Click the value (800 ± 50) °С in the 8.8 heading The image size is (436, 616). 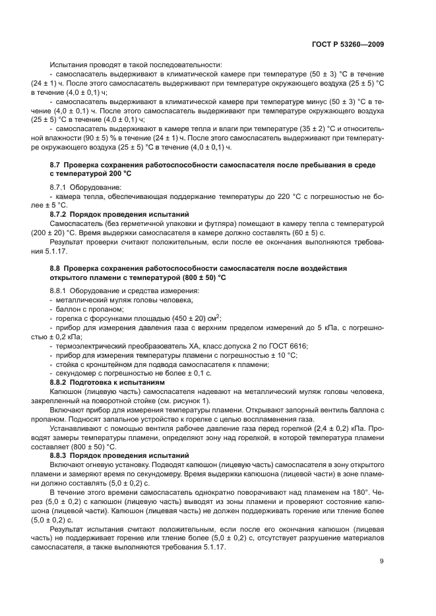193,277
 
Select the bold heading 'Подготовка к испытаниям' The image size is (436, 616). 115,381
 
